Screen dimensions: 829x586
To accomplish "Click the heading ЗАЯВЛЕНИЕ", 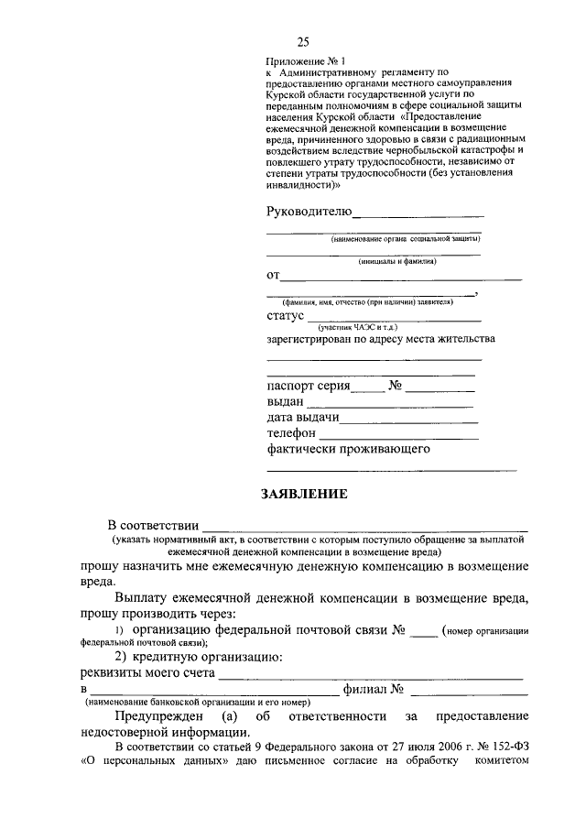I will [305, 494].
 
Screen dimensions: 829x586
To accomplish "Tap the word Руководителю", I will [309, 212].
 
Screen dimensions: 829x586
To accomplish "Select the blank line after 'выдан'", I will [390, 405].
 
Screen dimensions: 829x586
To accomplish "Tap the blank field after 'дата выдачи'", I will [409, 422].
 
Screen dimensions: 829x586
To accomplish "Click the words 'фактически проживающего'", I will [348, 449].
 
